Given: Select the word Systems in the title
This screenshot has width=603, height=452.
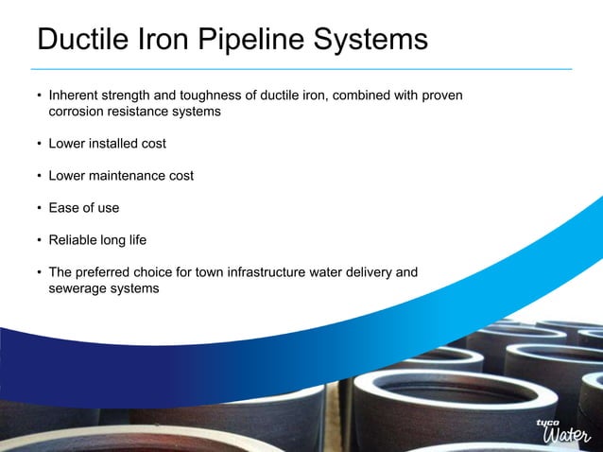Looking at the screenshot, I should [x=376, y=41].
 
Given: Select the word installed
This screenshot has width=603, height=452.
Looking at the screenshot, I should [x=113, y=144].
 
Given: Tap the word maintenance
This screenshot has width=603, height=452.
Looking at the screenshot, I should [x=126, y=176].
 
